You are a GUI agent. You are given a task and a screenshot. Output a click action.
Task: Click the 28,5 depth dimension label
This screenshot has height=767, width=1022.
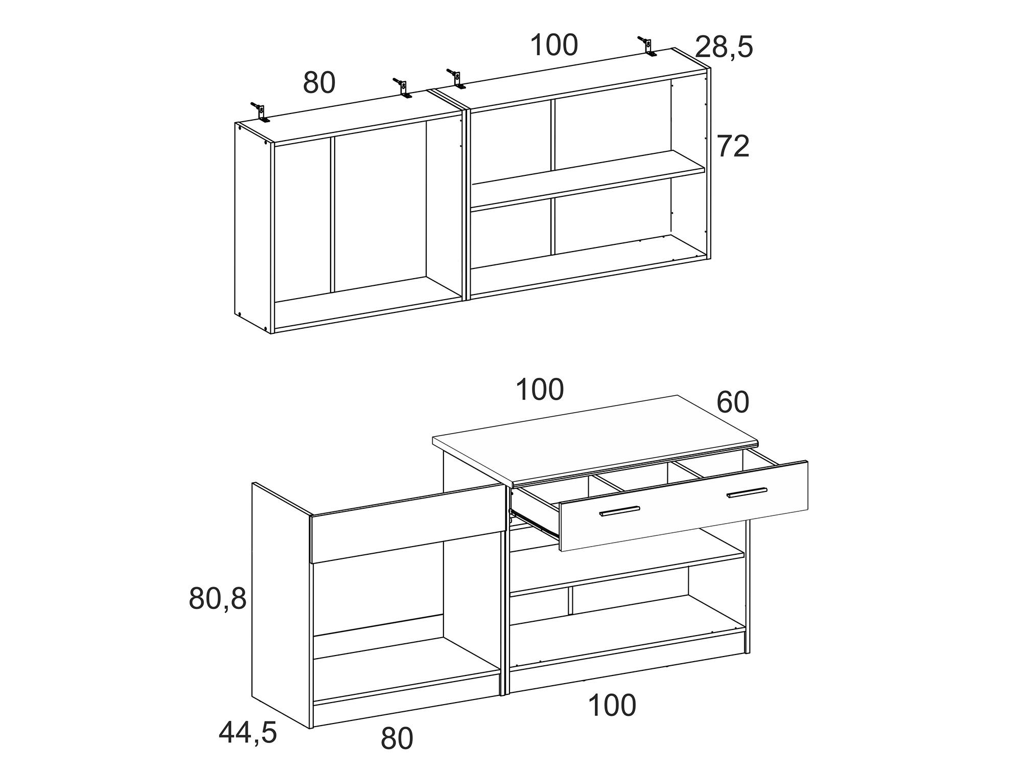pos(724,48)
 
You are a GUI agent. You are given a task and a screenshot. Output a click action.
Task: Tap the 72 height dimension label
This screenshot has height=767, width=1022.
pos(733,146)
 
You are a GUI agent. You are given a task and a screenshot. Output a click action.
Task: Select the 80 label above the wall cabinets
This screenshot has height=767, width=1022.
pos(319,82)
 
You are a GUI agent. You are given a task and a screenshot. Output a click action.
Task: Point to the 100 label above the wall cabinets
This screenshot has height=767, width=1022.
pos(554,45)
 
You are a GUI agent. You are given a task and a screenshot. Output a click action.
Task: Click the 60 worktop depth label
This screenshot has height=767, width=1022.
pos(733,402)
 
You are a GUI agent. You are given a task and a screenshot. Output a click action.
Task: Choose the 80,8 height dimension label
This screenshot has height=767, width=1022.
pos(218,598)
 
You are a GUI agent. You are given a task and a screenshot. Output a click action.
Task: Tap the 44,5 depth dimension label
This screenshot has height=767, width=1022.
pos(248,733)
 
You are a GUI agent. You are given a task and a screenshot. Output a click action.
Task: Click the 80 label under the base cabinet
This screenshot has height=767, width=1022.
pos(397,739)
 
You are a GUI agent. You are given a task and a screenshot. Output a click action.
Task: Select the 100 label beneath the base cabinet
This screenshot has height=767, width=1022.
pos(612,705)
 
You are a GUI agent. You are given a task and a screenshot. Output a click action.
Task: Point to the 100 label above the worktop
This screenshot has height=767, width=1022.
pos(540,390)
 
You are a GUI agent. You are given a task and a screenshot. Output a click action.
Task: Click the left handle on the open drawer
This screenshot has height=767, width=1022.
pos(619,511)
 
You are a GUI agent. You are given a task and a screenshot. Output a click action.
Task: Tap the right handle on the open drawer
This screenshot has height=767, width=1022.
pos(747,492)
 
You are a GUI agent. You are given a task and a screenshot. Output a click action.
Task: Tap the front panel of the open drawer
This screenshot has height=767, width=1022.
pos(684,505)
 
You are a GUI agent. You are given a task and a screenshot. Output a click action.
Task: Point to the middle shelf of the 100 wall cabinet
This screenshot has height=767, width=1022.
pos(588,181)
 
